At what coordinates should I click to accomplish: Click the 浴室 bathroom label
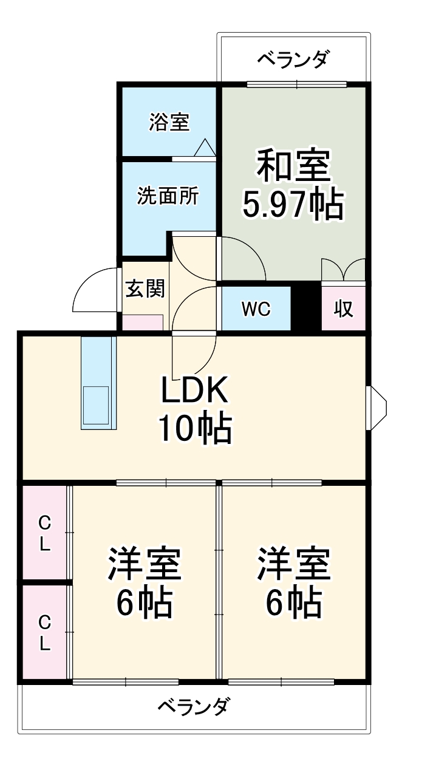(169, 122)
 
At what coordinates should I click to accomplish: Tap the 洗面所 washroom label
(167, 196)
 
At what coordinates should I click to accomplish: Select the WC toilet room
(256, 309)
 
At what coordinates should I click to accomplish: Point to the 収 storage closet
(344, 309)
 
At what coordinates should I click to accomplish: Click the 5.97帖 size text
(293, 205)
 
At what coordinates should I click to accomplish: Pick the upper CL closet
(44, 533)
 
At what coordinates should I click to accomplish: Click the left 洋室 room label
(145, 564)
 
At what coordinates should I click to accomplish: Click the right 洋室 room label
(293, 564)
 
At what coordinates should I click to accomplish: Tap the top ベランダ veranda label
(293, 60)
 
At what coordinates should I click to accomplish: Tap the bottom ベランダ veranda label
(194, 706)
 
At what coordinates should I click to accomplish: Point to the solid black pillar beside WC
(307, 307)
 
